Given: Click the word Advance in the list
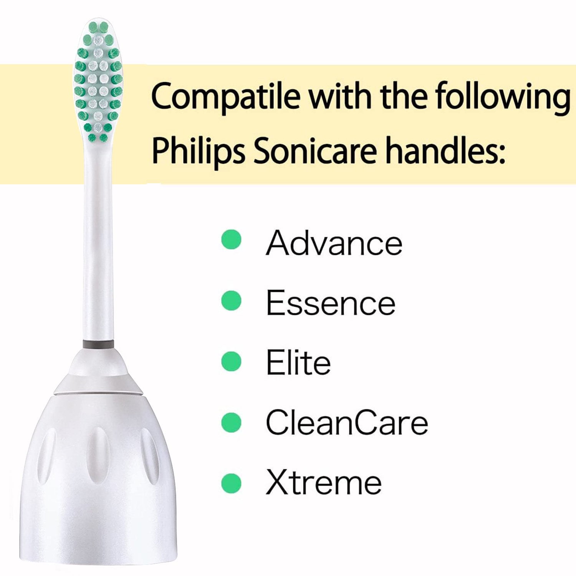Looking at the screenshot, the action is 334,243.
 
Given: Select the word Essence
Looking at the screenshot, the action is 331,303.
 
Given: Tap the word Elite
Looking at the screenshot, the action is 298,362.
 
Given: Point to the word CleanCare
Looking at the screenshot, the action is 347,422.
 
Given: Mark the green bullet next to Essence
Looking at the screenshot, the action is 232,300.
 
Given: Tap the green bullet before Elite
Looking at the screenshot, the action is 232,361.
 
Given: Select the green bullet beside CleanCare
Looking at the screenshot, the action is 232,422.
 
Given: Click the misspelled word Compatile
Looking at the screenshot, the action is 226,97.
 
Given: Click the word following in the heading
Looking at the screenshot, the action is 503,97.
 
